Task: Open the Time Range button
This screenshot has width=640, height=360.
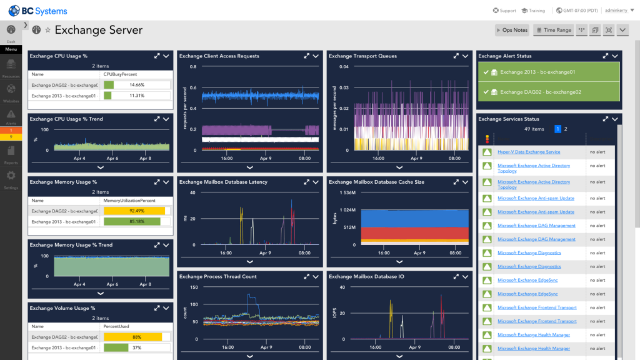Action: click(x=553, y=30)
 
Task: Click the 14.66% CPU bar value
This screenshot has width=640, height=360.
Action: click(x=137, y=85)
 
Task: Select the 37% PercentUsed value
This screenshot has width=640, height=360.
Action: click(x=137, y=347)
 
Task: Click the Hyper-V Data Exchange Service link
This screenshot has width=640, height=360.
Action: click(x=529, y=152)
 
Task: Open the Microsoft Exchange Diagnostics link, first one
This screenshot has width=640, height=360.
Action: click(x=529, y=253)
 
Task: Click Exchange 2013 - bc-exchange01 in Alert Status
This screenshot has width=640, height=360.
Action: click(x=537, y=72)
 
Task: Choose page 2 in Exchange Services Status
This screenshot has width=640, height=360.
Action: click(x=566, y=129)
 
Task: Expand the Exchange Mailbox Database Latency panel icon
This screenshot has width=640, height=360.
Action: click(x=307, y=182)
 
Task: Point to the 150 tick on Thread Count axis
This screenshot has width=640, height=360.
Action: click(x=193, y=287)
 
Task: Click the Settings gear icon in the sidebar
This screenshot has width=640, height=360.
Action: click(x=11, y=176)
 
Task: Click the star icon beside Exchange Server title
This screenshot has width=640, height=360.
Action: click(x=47, y=30)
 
